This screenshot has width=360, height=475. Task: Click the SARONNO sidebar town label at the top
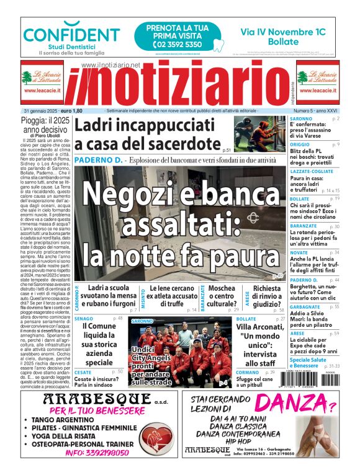[301, 118]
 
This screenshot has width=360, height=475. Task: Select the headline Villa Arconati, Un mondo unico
[260, 345]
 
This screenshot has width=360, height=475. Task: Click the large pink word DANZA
[290, 406]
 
